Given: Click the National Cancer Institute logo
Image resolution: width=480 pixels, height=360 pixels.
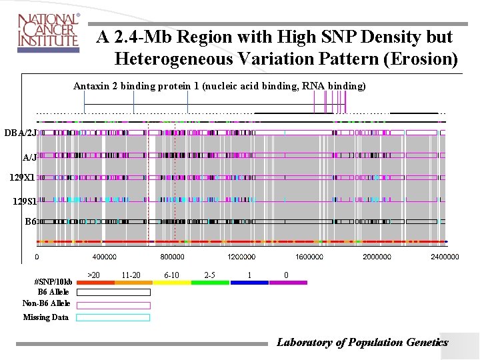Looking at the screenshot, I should pyautogui.click(x=48, y=31).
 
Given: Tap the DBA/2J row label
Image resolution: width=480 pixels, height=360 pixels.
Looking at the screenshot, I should pyautogui.click(x=20, y=133).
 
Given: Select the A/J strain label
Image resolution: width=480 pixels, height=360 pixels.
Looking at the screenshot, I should pyautogui.click(x=29, y=158).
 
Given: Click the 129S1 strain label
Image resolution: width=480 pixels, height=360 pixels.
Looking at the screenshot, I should pyautogui.click(x=24, y=201).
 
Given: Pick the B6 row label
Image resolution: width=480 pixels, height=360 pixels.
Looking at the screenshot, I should pyautogui.click(x=30, y=221).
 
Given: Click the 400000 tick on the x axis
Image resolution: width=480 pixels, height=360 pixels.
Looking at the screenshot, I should pyautogui.click(x=104, y=257).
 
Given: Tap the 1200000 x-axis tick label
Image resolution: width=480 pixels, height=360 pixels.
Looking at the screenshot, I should pyautogui.click(x=241, y=257).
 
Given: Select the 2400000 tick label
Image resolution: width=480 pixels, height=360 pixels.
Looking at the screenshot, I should pyautogui.click(x=444, y=257).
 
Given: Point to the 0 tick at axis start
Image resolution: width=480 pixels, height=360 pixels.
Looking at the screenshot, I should pyautogui.click(x=37, y=257).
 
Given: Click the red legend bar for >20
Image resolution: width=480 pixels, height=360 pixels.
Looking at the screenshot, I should pyautogui.click(x=95, y=283).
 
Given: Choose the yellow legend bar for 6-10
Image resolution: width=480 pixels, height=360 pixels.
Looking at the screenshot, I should pyautogui.click(x=172, y=283).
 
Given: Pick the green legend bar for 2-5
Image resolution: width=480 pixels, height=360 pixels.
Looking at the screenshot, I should pyautogui.click(x=210, y=283).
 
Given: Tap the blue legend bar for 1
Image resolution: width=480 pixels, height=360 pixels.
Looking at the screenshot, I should pyautogui.click(x=249, y=283).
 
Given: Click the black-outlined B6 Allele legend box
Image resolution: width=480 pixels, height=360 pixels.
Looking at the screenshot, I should pyautogui.click(x=113, y=292).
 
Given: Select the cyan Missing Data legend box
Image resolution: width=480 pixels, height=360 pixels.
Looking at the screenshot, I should pyautogui.click(x=113, y=317).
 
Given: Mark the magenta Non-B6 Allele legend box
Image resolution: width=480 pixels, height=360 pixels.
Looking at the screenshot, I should pyautogui.click(x=113, y=305).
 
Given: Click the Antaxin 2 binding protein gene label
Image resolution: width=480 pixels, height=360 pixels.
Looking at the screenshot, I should pyautogui.click(x=219, y=86).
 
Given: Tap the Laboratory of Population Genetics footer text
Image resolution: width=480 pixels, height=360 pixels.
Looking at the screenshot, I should pyautogui.click(x=362, y=342).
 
